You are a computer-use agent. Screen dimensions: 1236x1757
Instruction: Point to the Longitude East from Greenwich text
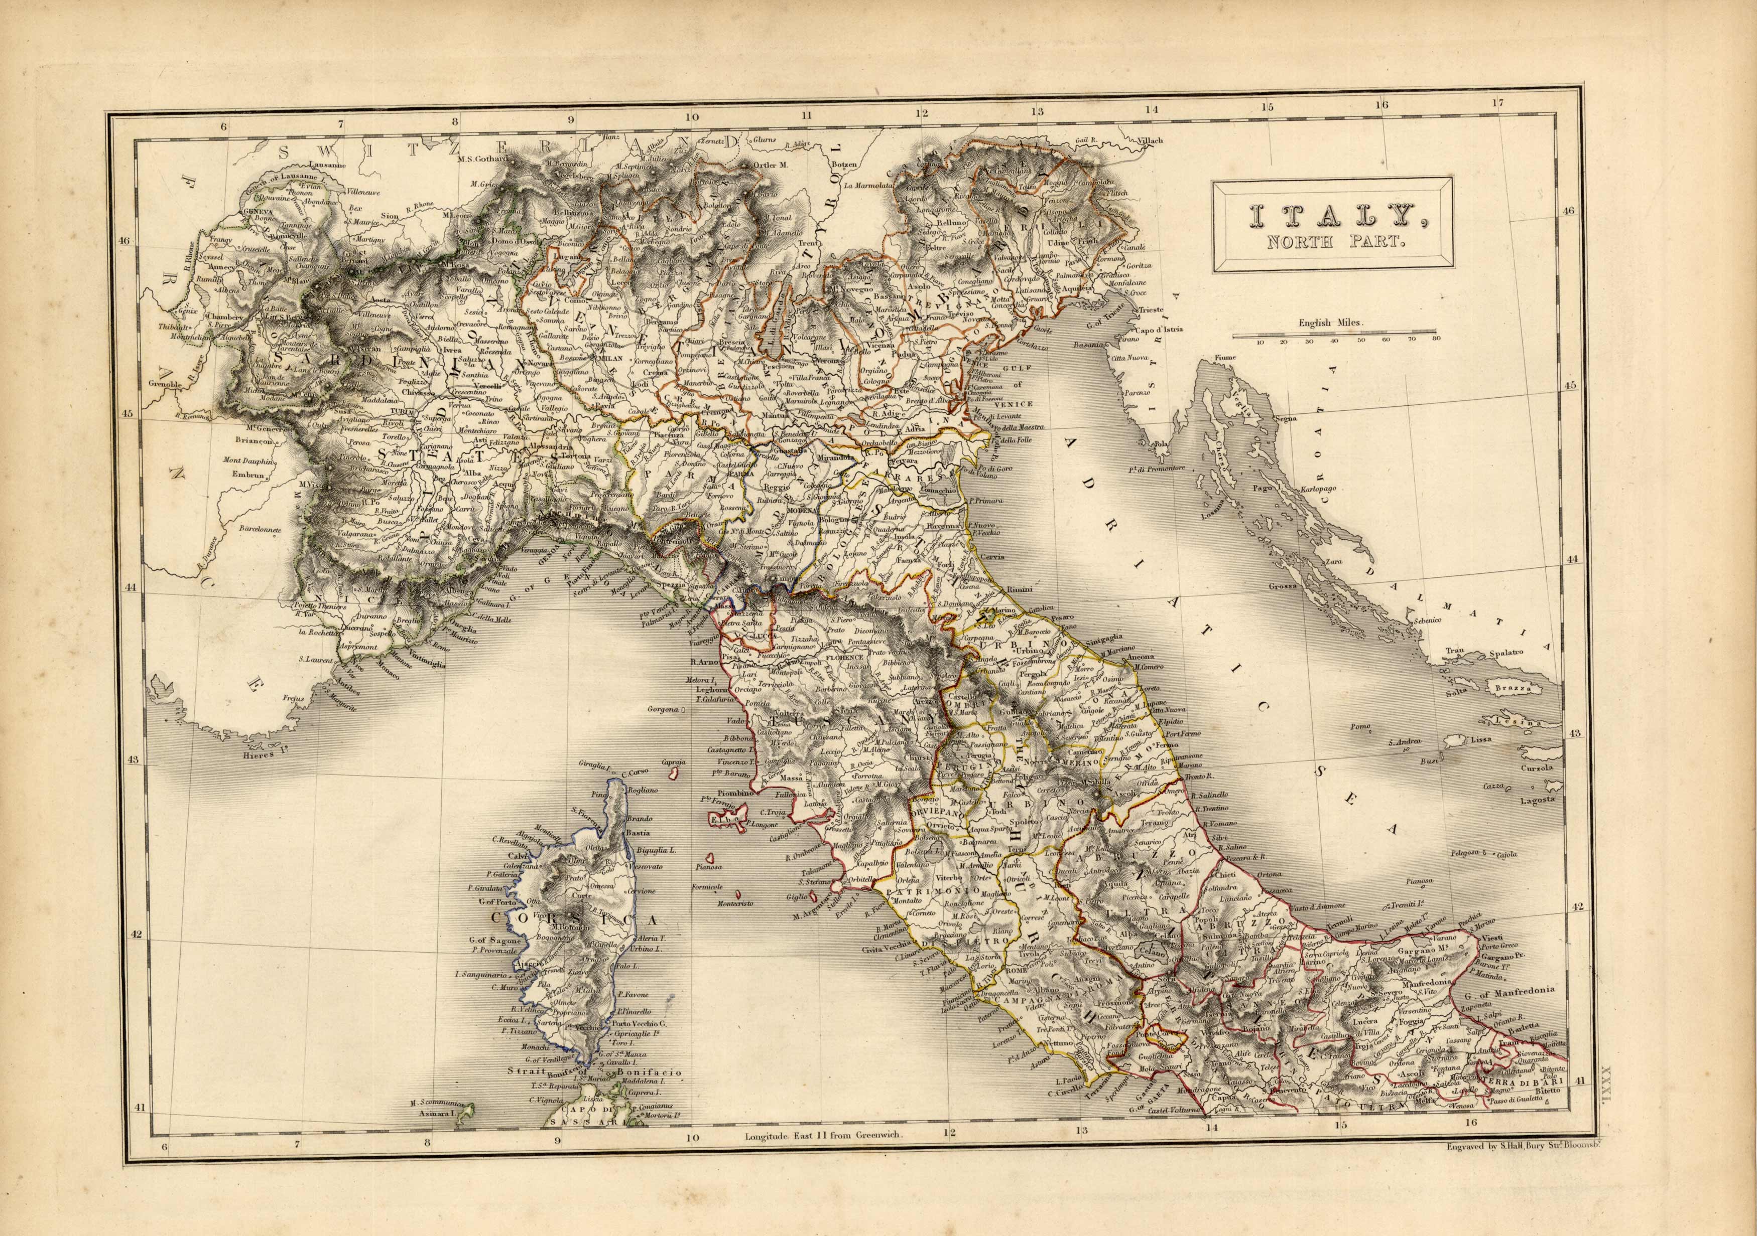[825, 1136]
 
